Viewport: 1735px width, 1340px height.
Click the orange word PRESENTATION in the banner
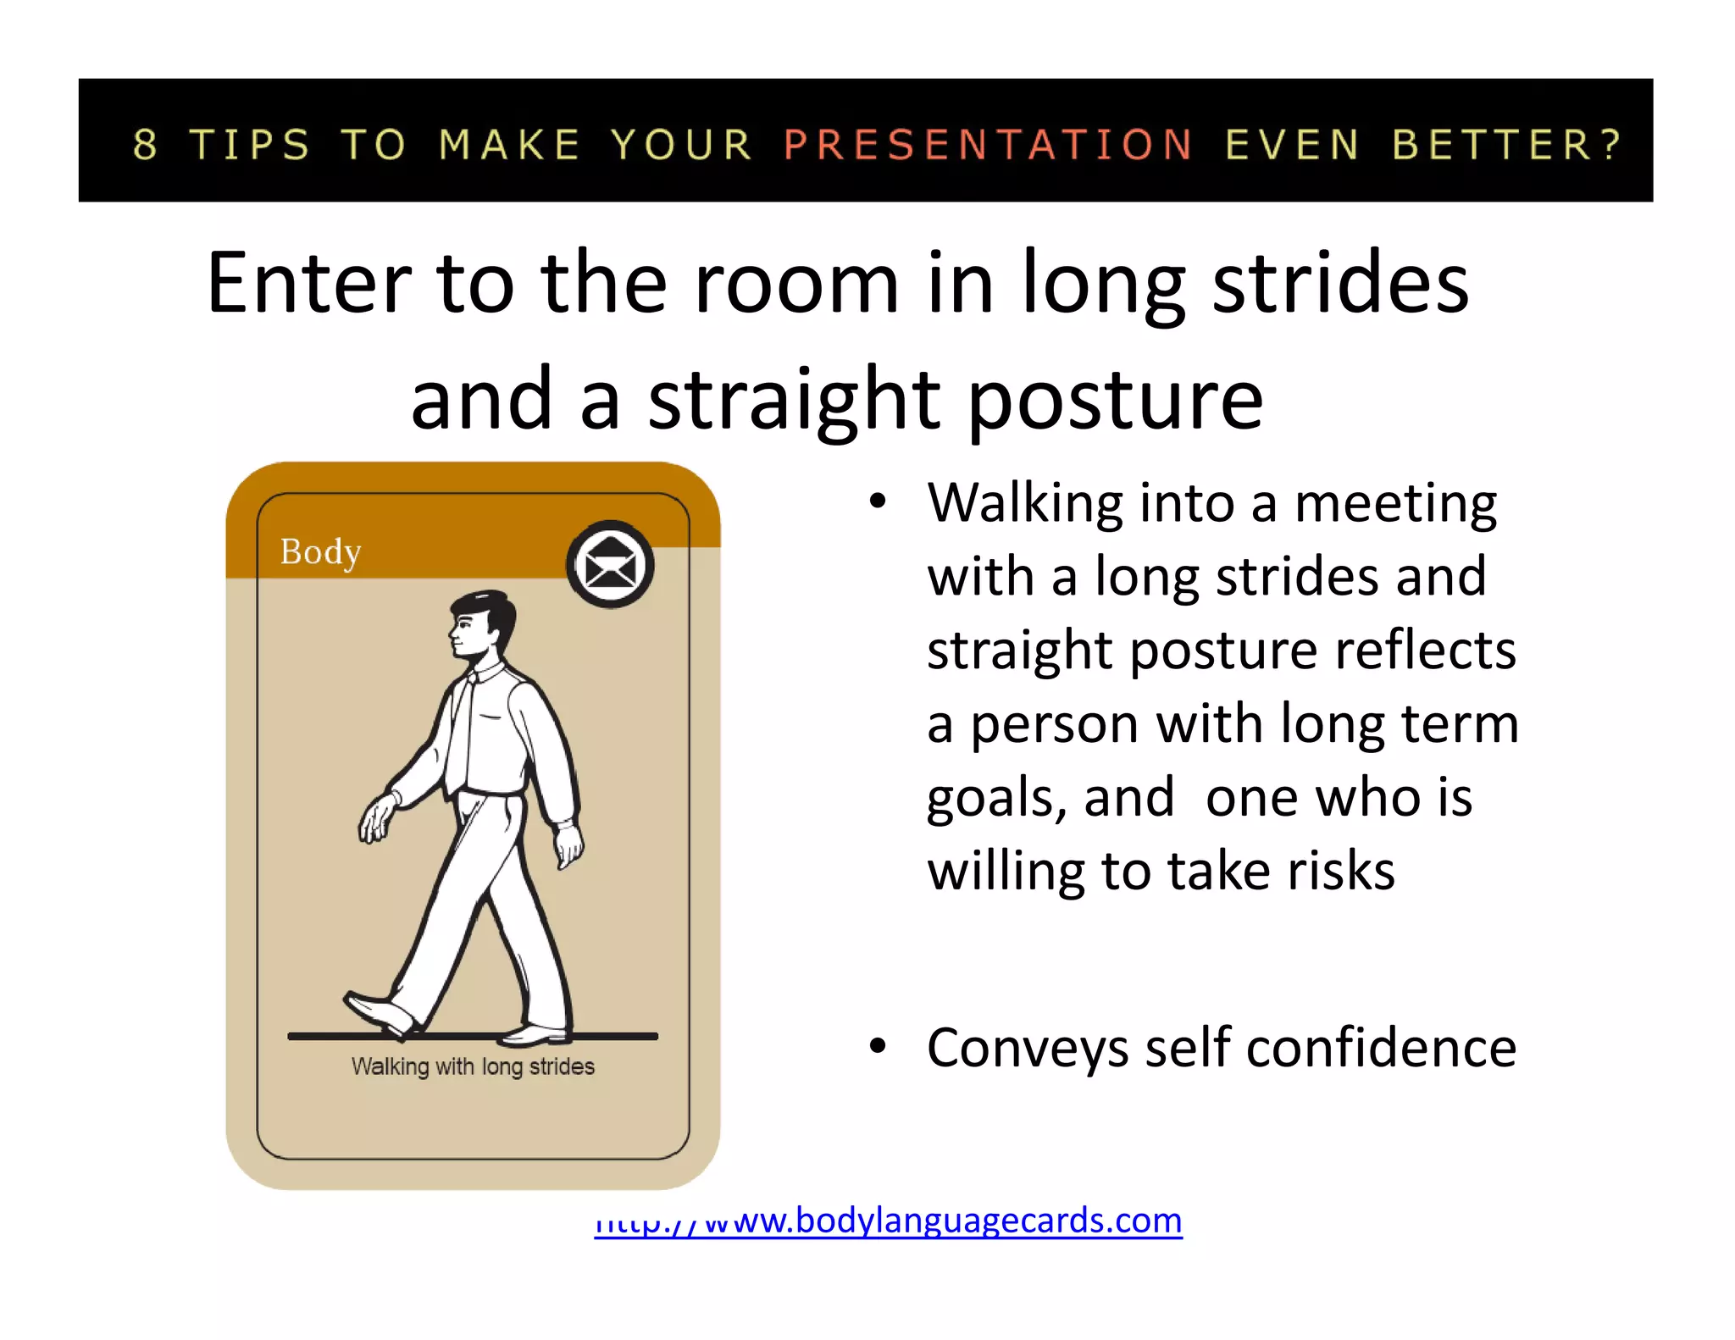[x=988, y=144]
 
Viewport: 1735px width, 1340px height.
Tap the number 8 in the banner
[x=146, y=144]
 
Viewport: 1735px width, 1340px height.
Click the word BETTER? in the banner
[x=1506, y=144]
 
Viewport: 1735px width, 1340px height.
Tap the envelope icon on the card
[x=610, y=565]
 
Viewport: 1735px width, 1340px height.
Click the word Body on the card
[x=320, y=552]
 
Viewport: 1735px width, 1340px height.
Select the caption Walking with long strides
[x=473, y=1066]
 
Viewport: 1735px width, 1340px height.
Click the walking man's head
[x=481, y=625]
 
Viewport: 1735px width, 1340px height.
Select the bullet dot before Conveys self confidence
[x=878, y=1047]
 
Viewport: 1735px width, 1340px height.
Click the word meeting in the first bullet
[x=1395, y=504]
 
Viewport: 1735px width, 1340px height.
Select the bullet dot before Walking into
[x=878, y=501]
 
